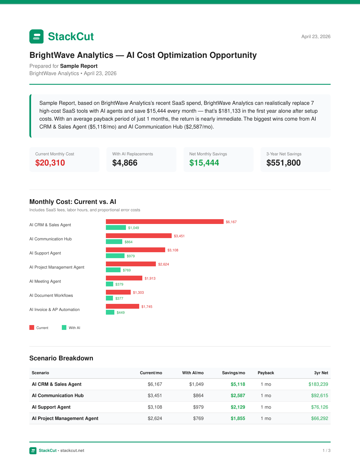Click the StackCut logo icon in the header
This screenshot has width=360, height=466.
[36, 36]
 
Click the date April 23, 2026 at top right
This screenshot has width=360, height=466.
[316, 37]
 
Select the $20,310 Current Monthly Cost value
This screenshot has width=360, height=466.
[50, 163]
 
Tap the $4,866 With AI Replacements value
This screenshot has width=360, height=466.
[125, 163]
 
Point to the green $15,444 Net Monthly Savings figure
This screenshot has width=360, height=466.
[204, 163]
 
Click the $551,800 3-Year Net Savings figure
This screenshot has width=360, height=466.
[283, 163]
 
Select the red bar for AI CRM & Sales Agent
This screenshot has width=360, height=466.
[165, 222]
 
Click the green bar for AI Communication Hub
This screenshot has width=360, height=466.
[114, 242]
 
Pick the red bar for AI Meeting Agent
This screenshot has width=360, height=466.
[124, 278]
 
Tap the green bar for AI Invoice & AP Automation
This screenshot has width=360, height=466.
[110, 312]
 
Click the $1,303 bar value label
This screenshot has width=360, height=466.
[138, 293]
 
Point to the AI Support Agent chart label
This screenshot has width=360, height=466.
[45, 253]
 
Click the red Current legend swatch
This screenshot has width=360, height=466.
[32, 328]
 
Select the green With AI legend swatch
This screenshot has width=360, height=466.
[64, 328]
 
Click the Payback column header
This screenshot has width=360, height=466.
[266, 373]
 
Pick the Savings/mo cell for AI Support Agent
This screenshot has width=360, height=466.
[238, 407]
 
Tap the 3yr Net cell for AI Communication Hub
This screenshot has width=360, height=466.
[320, 395]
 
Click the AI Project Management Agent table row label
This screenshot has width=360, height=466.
[65, 418]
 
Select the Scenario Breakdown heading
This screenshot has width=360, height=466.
[61, 358]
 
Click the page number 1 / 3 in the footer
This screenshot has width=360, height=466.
[326, 450]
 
